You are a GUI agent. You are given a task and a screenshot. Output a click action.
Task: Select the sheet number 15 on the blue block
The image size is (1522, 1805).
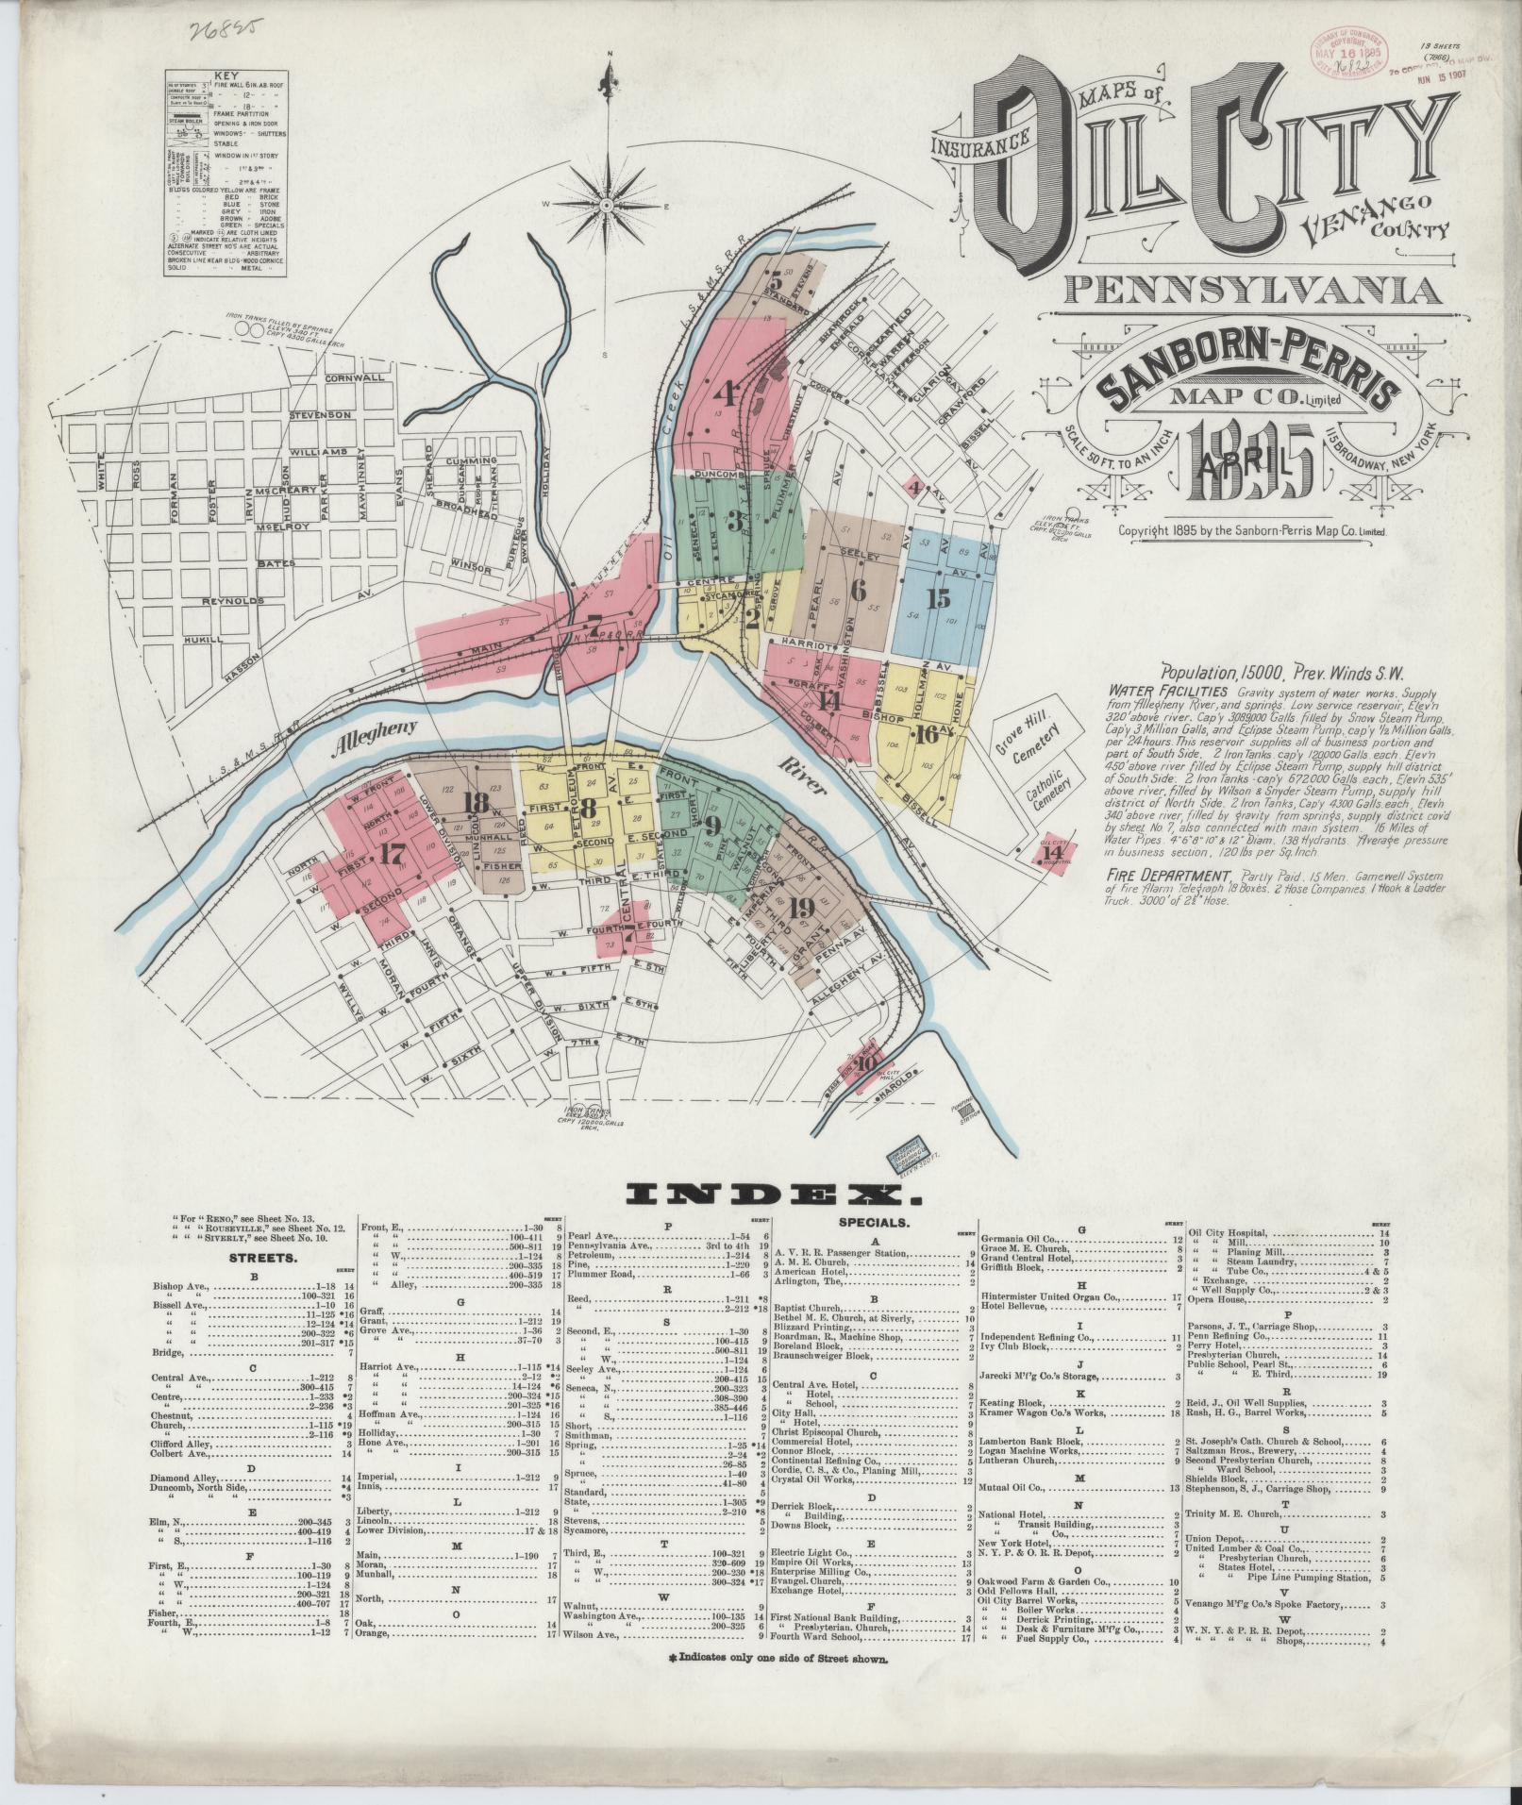[x=938, y=599]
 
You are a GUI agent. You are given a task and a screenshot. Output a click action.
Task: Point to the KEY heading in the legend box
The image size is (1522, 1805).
[x=226, y=75]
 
